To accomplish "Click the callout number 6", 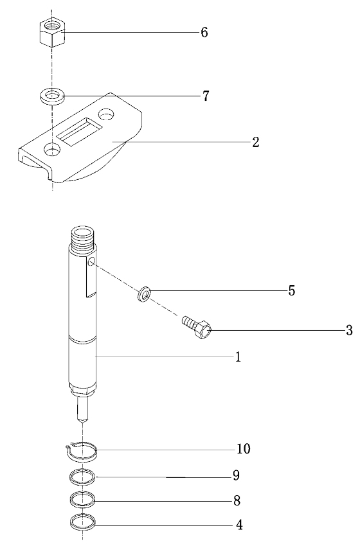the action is (x=204, y=32).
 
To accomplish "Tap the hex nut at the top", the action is (x=52, y=33).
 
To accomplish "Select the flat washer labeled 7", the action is (x=52, y=96).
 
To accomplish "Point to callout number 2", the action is (x=256, y=142).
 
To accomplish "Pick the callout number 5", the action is (x=292, y=290).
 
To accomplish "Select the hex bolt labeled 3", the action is (x=197, y=326).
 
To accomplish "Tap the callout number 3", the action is (x=349, y=330).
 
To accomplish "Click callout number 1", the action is (x=238, y=357).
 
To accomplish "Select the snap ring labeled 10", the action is (x=82, y=452).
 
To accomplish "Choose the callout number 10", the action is (x=244, y=449).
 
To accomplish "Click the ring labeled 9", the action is (x=82, y=477).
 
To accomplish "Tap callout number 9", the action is (x=237, y=475).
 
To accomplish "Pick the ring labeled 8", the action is (x=82, y=500).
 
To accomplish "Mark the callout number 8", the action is (x=237, y=501).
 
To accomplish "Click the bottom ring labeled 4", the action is (x=82, y=522).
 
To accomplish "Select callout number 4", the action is (x=239, y=525).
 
